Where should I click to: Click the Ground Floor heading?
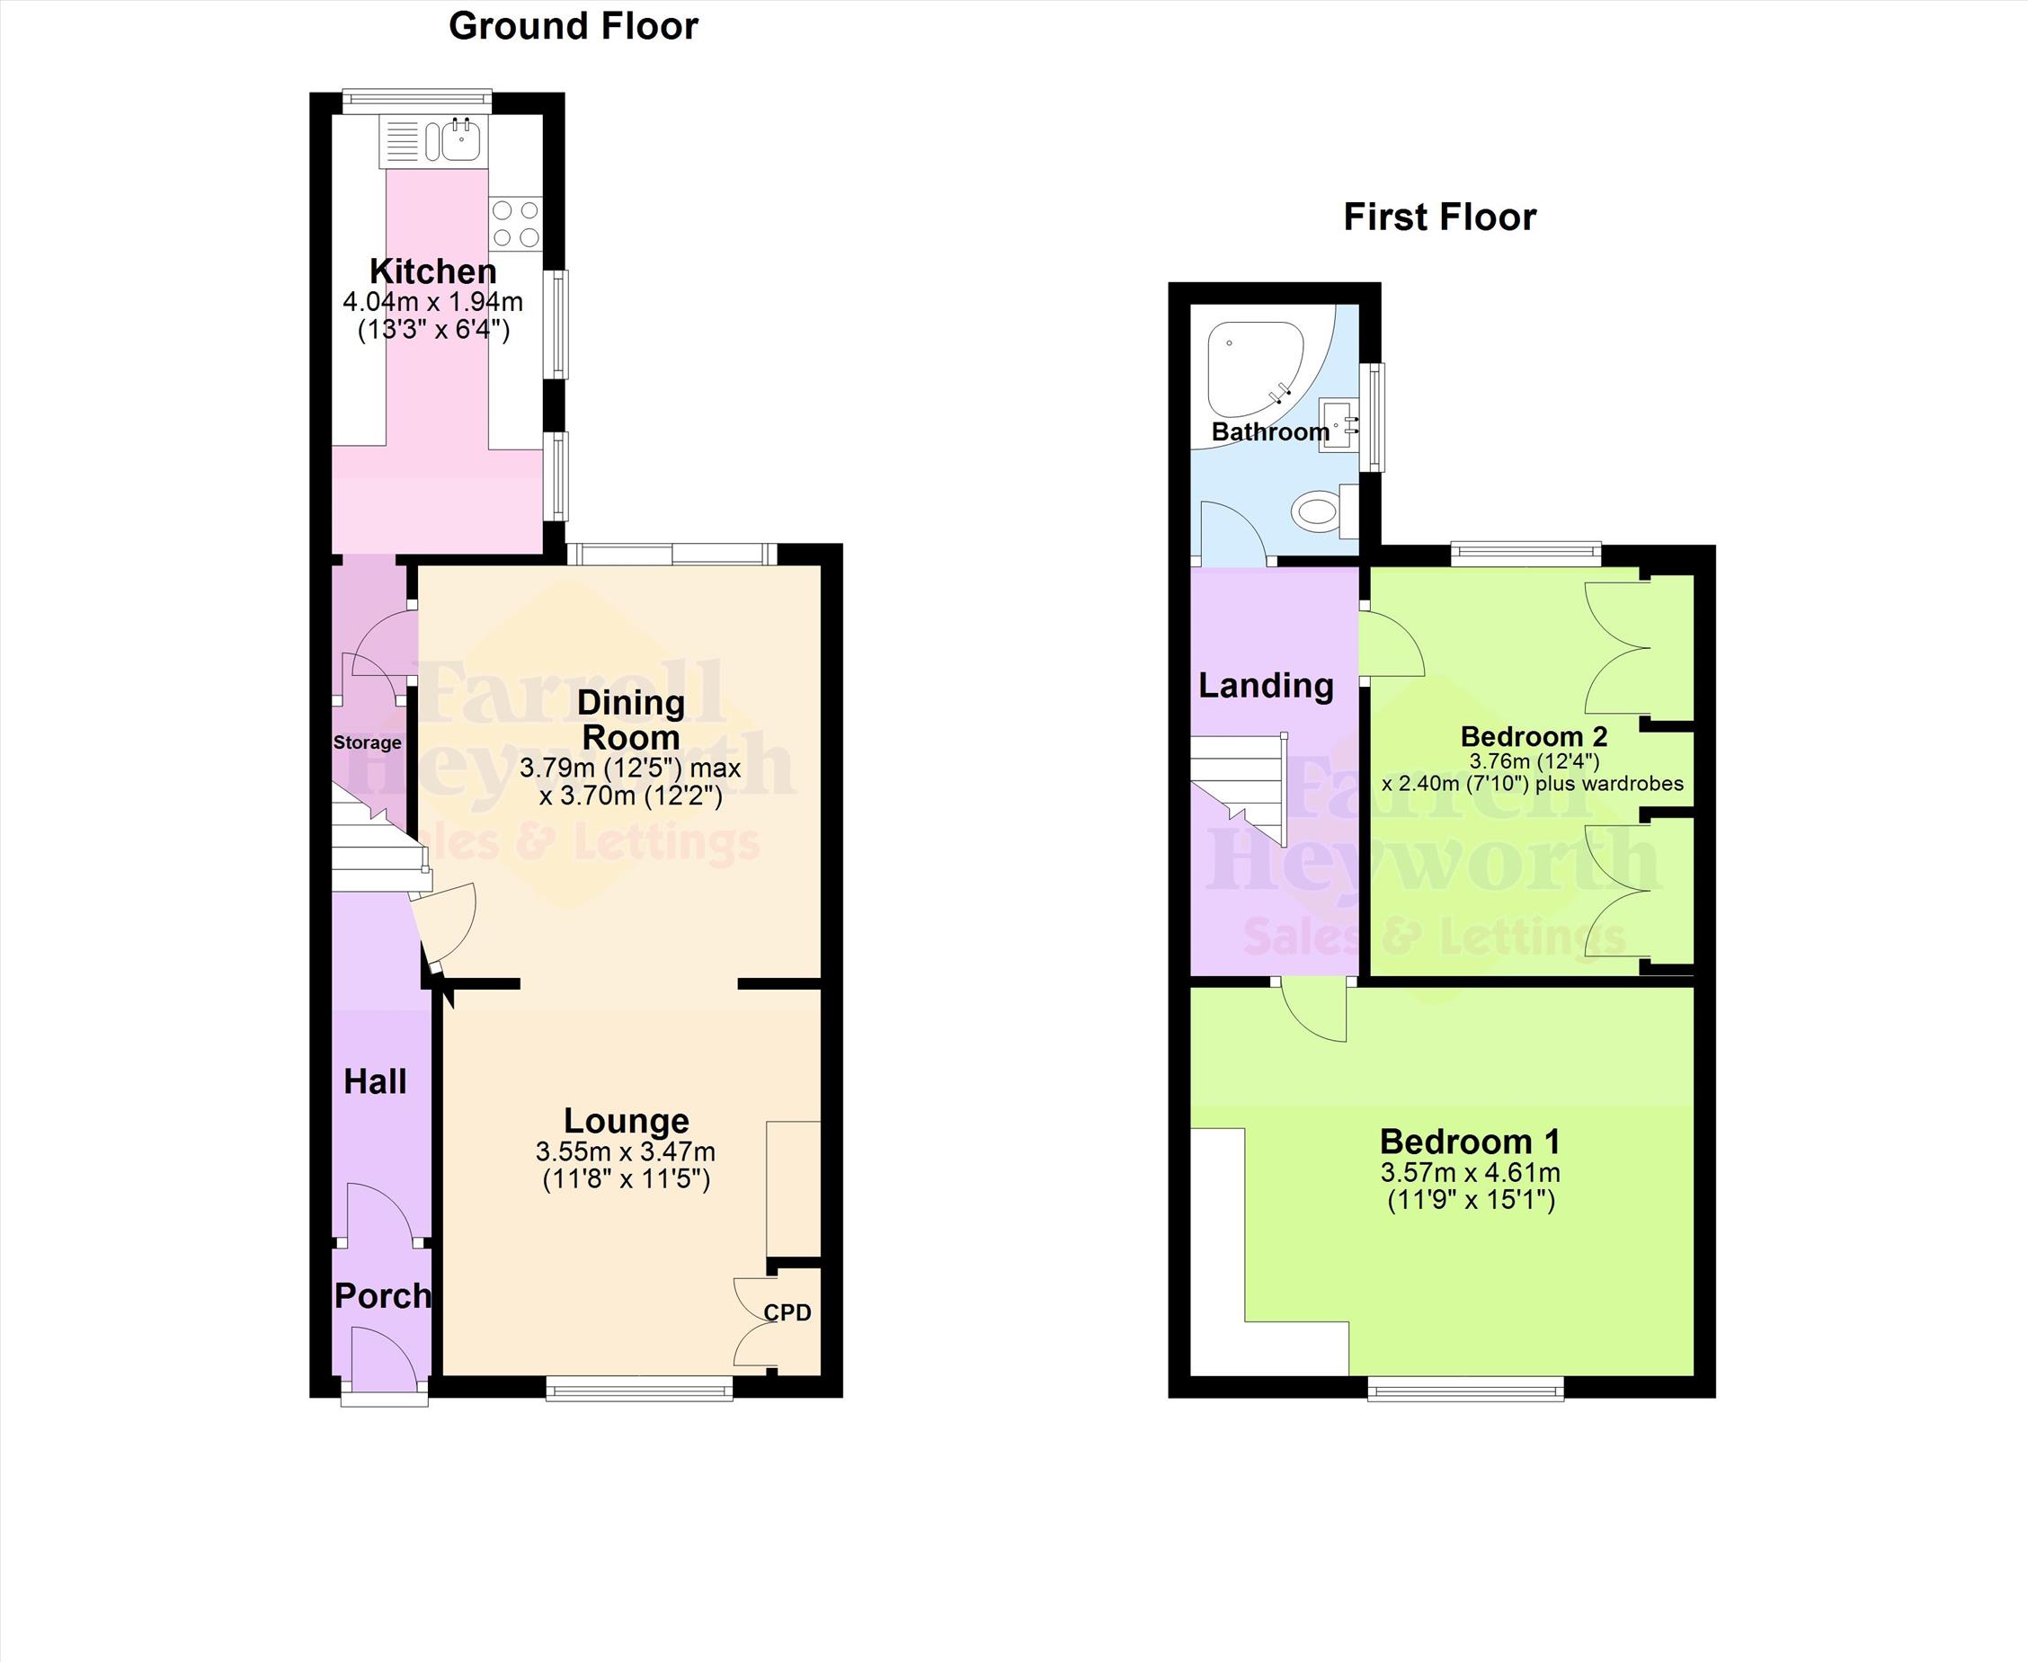[574, 27]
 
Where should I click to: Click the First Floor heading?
[1439, 218]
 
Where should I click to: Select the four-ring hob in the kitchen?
[515, 223]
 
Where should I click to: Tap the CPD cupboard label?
[787, 1312]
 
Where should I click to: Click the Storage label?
[367, 743]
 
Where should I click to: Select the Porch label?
[382, 1296]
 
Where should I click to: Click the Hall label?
[376, 1082]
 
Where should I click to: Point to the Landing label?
[1266, 686]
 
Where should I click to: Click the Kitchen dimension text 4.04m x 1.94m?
[432, 303]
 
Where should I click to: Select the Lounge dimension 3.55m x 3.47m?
[626, 1151]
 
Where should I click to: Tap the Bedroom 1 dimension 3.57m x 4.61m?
[1470, 1172]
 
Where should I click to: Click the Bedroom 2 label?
[1533, 736]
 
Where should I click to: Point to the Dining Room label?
[631, 720]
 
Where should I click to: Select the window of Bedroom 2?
[1526, 554]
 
